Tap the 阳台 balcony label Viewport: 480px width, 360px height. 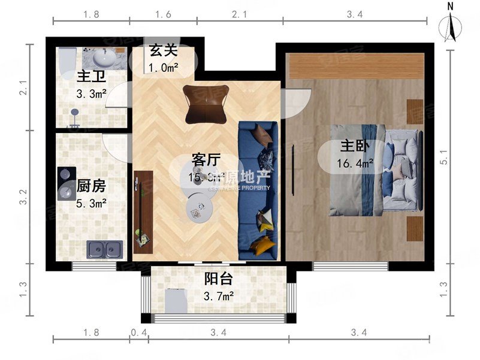pos(219,279)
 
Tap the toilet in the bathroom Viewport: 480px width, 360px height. pos(65,60)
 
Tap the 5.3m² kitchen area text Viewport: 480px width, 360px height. pos(91,203)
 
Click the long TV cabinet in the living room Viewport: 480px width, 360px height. pos(143,211)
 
